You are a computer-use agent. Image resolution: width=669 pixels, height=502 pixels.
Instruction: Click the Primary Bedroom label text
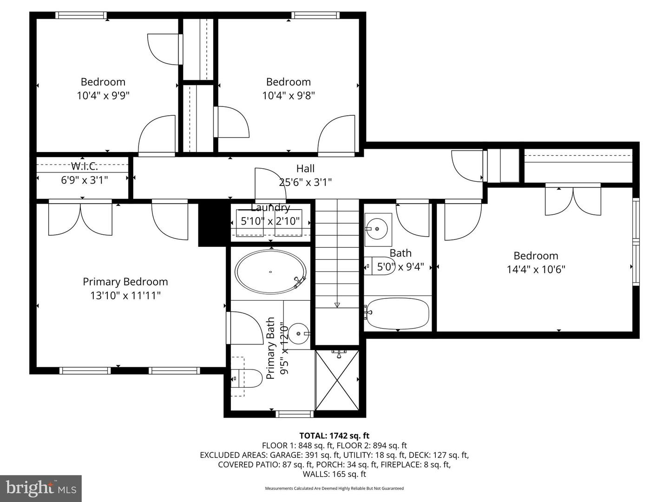[x=125, y=282]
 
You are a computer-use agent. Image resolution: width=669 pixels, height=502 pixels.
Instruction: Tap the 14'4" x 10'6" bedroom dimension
[x=536, y=269]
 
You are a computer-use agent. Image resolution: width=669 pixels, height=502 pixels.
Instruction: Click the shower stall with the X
[x=337, y=380]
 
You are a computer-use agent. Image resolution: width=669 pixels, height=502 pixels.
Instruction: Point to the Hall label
[x=305, y=169]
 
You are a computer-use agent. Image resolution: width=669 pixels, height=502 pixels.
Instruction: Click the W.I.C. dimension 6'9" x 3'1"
[x=85, y=180]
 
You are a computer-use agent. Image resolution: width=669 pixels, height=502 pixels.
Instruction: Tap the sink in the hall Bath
[x=378, y=229]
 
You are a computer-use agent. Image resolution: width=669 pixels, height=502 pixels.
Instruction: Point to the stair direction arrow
[x=337, y=305]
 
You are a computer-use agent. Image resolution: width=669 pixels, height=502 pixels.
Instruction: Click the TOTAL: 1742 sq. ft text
[x=334, y=436]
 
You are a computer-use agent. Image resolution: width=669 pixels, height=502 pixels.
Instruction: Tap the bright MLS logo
[x=41, y=488]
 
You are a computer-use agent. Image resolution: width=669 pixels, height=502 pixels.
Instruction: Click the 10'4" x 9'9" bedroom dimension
[x=103, y=96]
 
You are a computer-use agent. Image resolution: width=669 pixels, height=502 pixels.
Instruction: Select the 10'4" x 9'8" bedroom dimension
[x=289, y=96]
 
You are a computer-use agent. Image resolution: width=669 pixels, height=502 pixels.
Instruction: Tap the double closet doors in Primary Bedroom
[x=80, y=219]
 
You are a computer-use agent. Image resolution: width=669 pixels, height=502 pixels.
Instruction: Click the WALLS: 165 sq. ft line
[x=334, y=474]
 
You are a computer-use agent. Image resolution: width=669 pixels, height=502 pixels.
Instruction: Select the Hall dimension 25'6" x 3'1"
[x=305, y=182]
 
